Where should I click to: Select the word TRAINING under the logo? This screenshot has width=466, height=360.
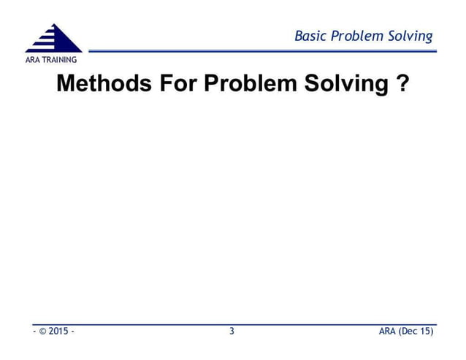61,59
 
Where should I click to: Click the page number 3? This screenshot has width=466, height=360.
232,332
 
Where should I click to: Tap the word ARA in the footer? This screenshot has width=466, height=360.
388,332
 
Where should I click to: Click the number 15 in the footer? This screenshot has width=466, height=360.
427,332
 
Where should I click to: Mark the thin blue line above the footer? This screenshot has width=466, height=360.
234,323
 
